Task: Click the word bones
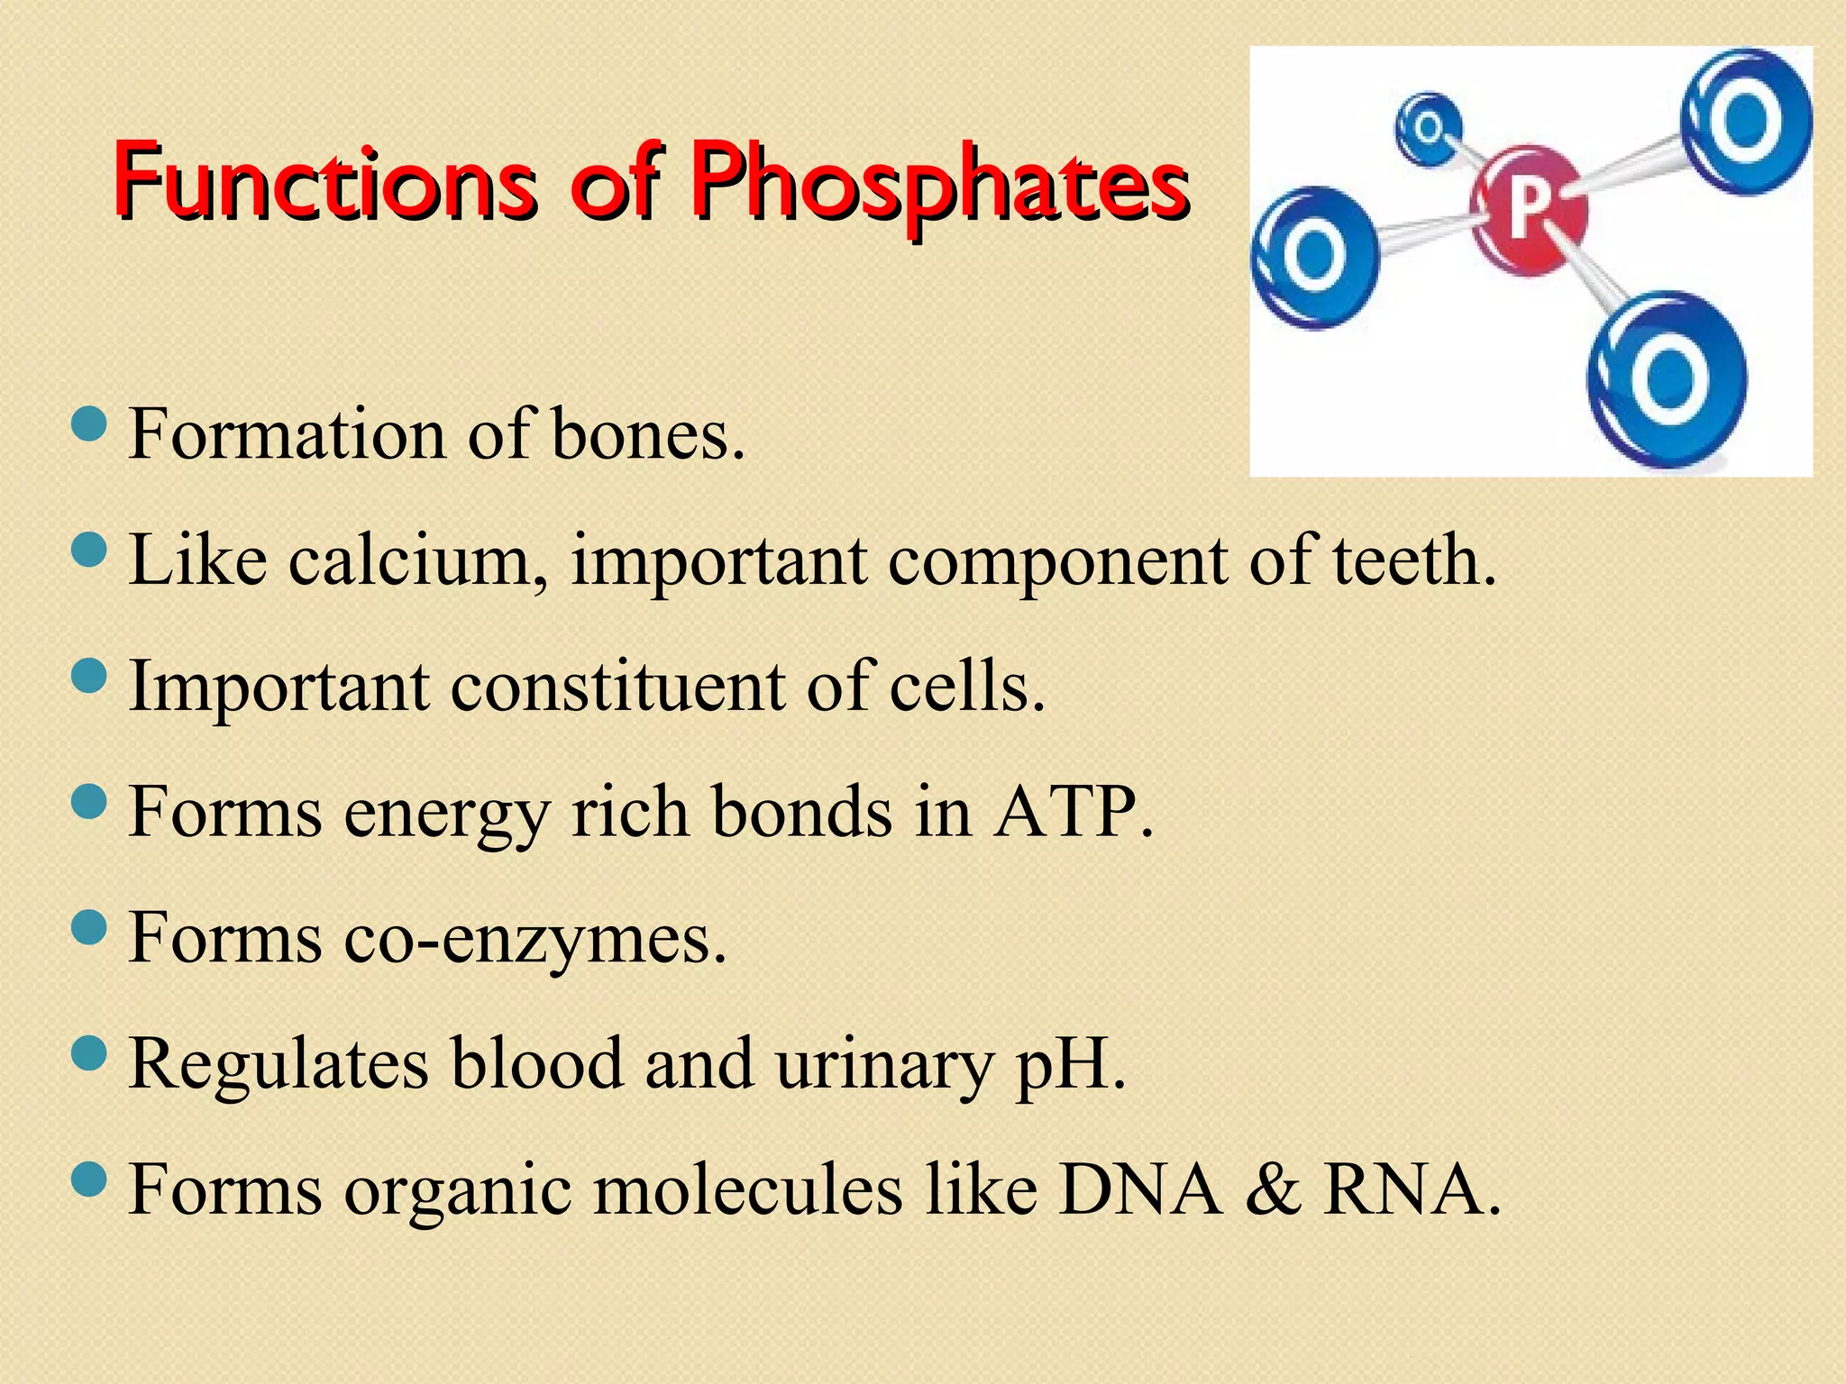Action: [647, 435]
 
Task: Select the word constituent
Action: [617, 687]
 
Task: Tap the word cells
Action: [966, 687]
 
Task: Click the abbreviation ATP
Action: [1073, 813]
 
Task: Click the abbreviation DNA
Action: [1140, 1190]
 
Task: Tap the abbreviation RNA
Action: [1412, 1190]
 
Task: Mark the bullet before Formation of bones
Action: [88, 423]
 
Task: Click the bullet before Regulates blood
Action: [88, 1052]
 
